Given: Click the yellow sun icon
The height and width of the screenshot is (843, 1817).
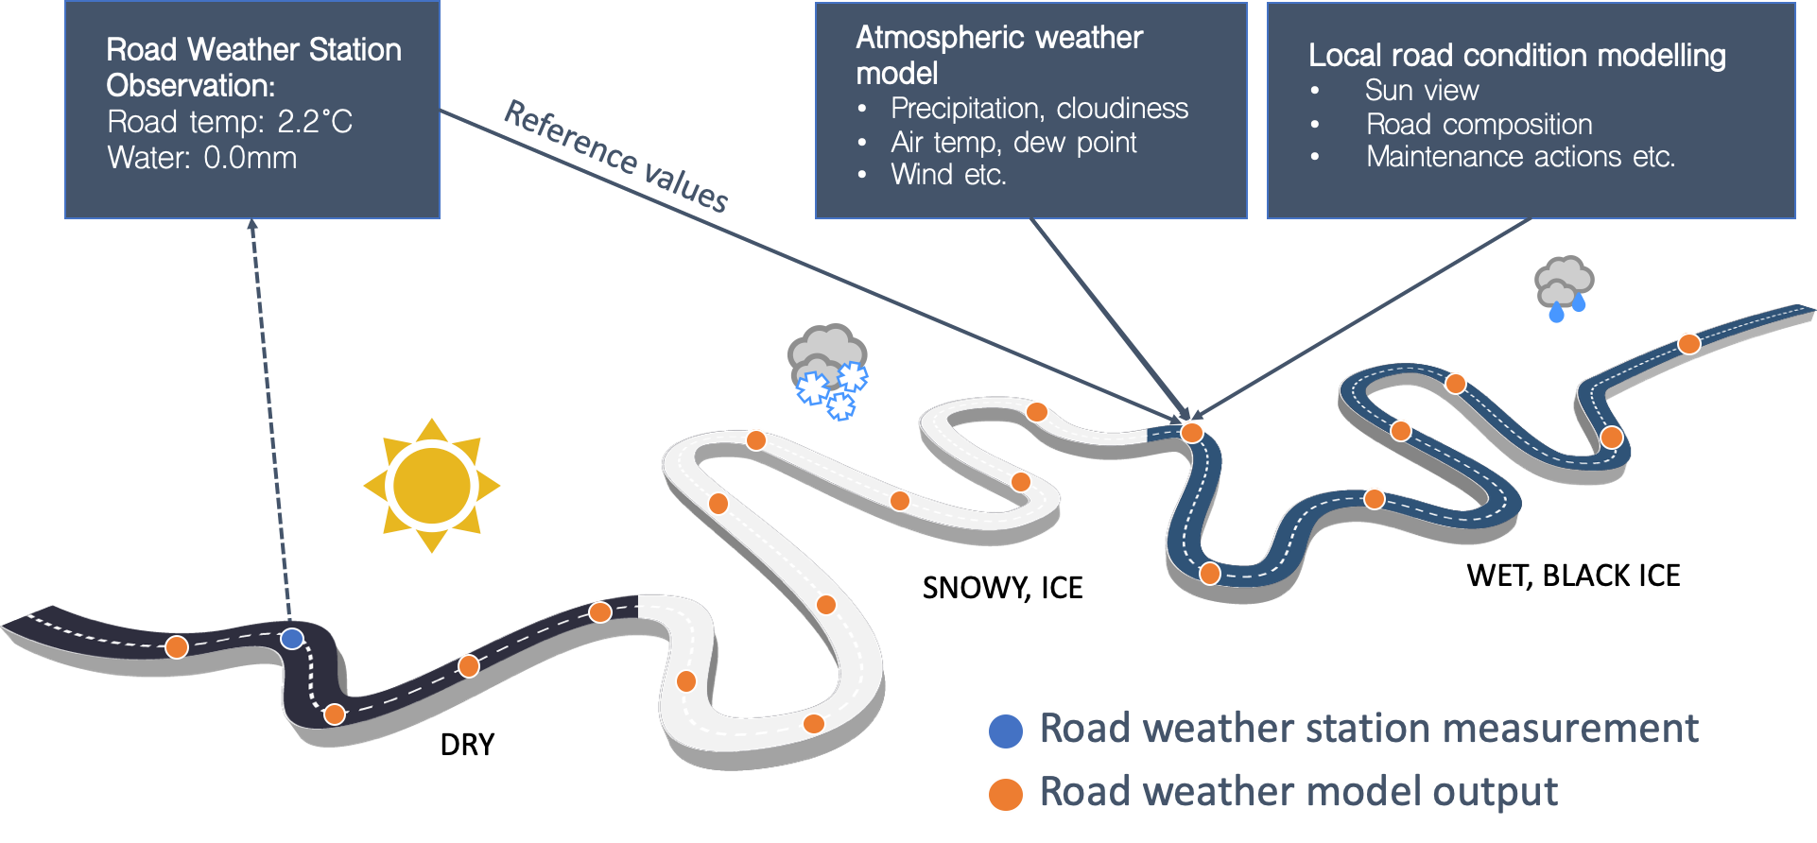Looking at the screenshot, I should point(432,486).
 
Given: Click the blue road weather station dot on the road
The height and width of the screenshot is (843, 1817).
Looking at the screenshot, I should point(292,639).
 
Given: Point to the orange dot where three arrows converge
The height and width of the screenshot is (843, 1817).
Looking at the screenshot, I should point(1191,432).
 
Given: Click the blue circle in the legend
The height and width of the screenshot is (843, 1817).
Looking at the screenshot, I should point(1006,731).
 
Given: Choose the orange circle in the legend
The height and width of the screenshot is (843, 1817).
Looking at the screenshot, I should point(1006,795).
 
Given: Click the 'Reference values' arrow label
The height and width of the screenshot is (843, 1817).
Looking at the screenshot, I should point(615,157).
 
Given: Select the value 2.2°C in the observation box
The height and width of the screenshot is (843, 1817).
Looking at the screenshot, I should point(315,122).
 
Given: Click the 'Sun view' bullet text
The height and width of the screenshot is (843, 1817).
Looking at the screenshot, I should point(1421,91).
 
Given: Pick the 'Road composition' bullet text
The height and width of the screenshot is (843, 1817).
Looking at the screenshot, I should point(1479,124).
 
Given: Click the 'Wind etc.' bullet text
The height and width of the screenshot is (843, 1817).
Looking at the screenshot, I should point(948,175).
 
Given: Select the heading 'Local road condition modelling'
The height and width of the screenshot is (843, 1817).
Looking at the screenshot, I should point(1516,56).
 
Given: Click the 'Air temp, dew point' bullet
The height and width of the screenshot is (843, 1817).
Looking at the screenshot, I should point(1013,143).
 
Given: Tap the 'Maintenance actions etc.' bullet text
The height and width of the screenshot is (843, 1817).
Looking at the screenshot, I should point(1520,157).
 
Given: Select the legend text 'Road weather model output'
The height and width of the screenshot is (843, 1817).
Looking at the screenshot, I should point(1298,793).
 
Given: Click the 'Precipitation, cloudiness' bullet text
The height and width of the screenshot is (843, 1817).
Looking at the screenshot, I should point(1039,109).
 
